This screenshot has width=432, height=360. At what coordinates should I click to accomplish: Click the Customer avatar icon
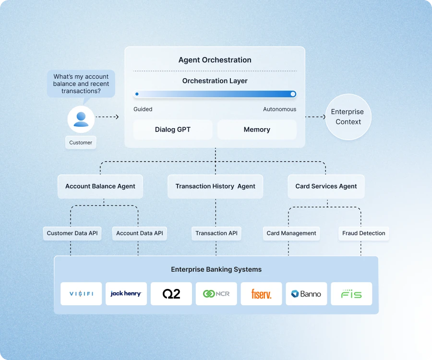tap(81, 119)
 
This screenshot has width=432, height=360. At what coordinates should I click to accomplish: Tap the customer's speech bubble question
tap(81, 84)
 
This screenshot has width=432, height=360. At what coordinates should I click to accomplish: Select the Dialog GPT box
tap(172, 130)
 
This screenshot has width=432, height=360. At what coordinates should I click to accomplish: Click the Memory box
tap(257, 130)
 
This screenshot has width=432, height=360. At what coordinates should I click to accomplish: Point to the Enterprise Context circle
tap(348, 117)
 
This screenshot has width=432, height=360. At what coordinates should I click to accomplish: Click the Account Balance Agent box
tap(100, 186)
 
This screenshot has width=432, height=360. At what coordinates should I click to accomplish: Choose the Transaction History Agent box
tap(215, 186)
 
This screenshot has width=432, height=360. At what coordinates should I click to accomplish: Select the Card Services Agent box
tap(326, 186)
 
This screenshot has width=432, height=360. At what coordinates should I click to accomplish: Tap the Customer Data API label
tap(72, 233)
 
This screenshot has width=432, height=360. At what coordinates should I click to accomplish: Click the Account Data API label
tap(140, 233)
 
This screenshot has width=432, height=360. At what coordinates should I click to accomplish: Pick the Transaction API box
tap(216, 233)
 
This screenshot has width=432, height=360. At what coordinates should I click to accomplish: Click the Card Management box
tap(291, 233)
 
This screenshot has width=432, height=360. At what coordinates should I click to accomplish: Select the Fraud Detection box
tap(363, 233)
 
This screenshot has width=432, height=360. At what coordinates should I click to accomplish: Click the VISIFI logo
tap(81, 294)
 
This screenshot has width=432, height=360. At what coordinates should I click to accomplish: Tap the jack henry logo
tap(126, 294)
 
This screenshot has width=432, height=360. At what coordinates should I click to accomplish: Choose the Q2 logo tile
tap(171, 294)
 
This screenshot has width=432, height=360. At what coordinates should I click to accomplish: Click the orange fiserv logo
tap(261, 294)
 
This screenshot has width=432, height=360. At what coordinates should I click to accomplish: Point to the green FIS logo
tap(351, 294)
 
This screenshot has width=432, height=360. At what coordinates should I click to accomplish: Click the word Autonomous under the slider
tap(279, 109)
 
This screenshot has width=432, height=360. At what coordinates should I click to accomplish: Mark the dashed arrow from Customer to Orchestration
tap(107, 117)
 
